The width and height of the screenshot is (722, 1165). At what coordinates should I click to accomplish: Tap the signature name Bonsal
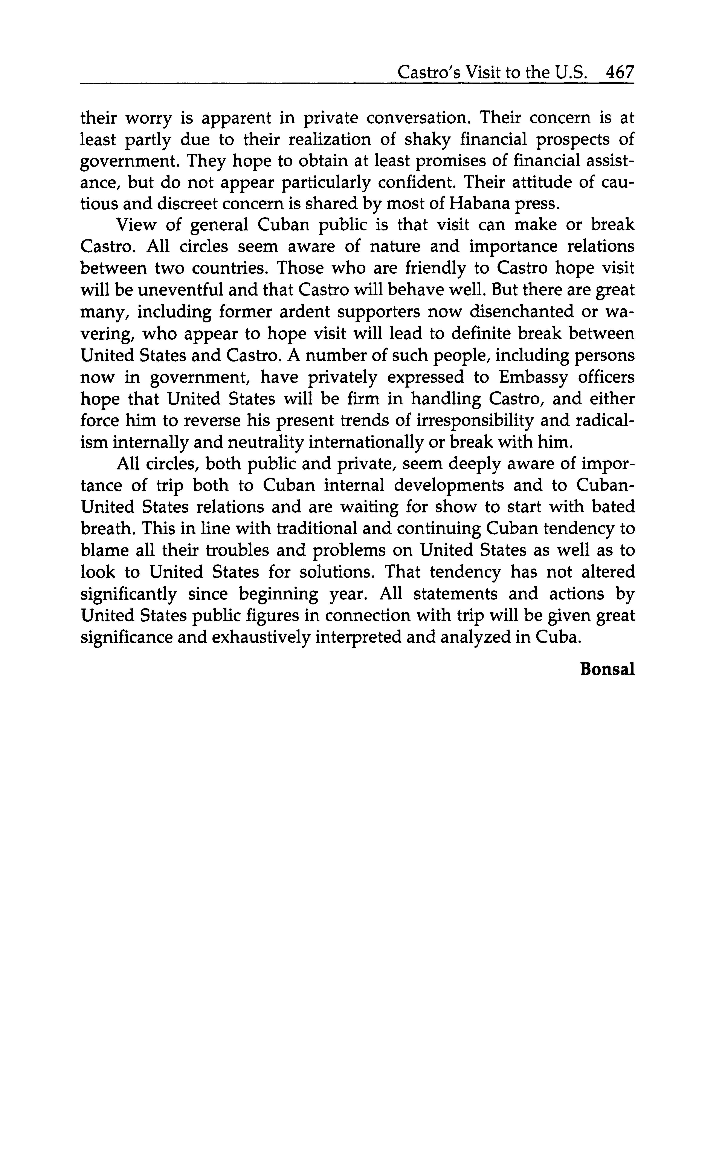tap(607, 669)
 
